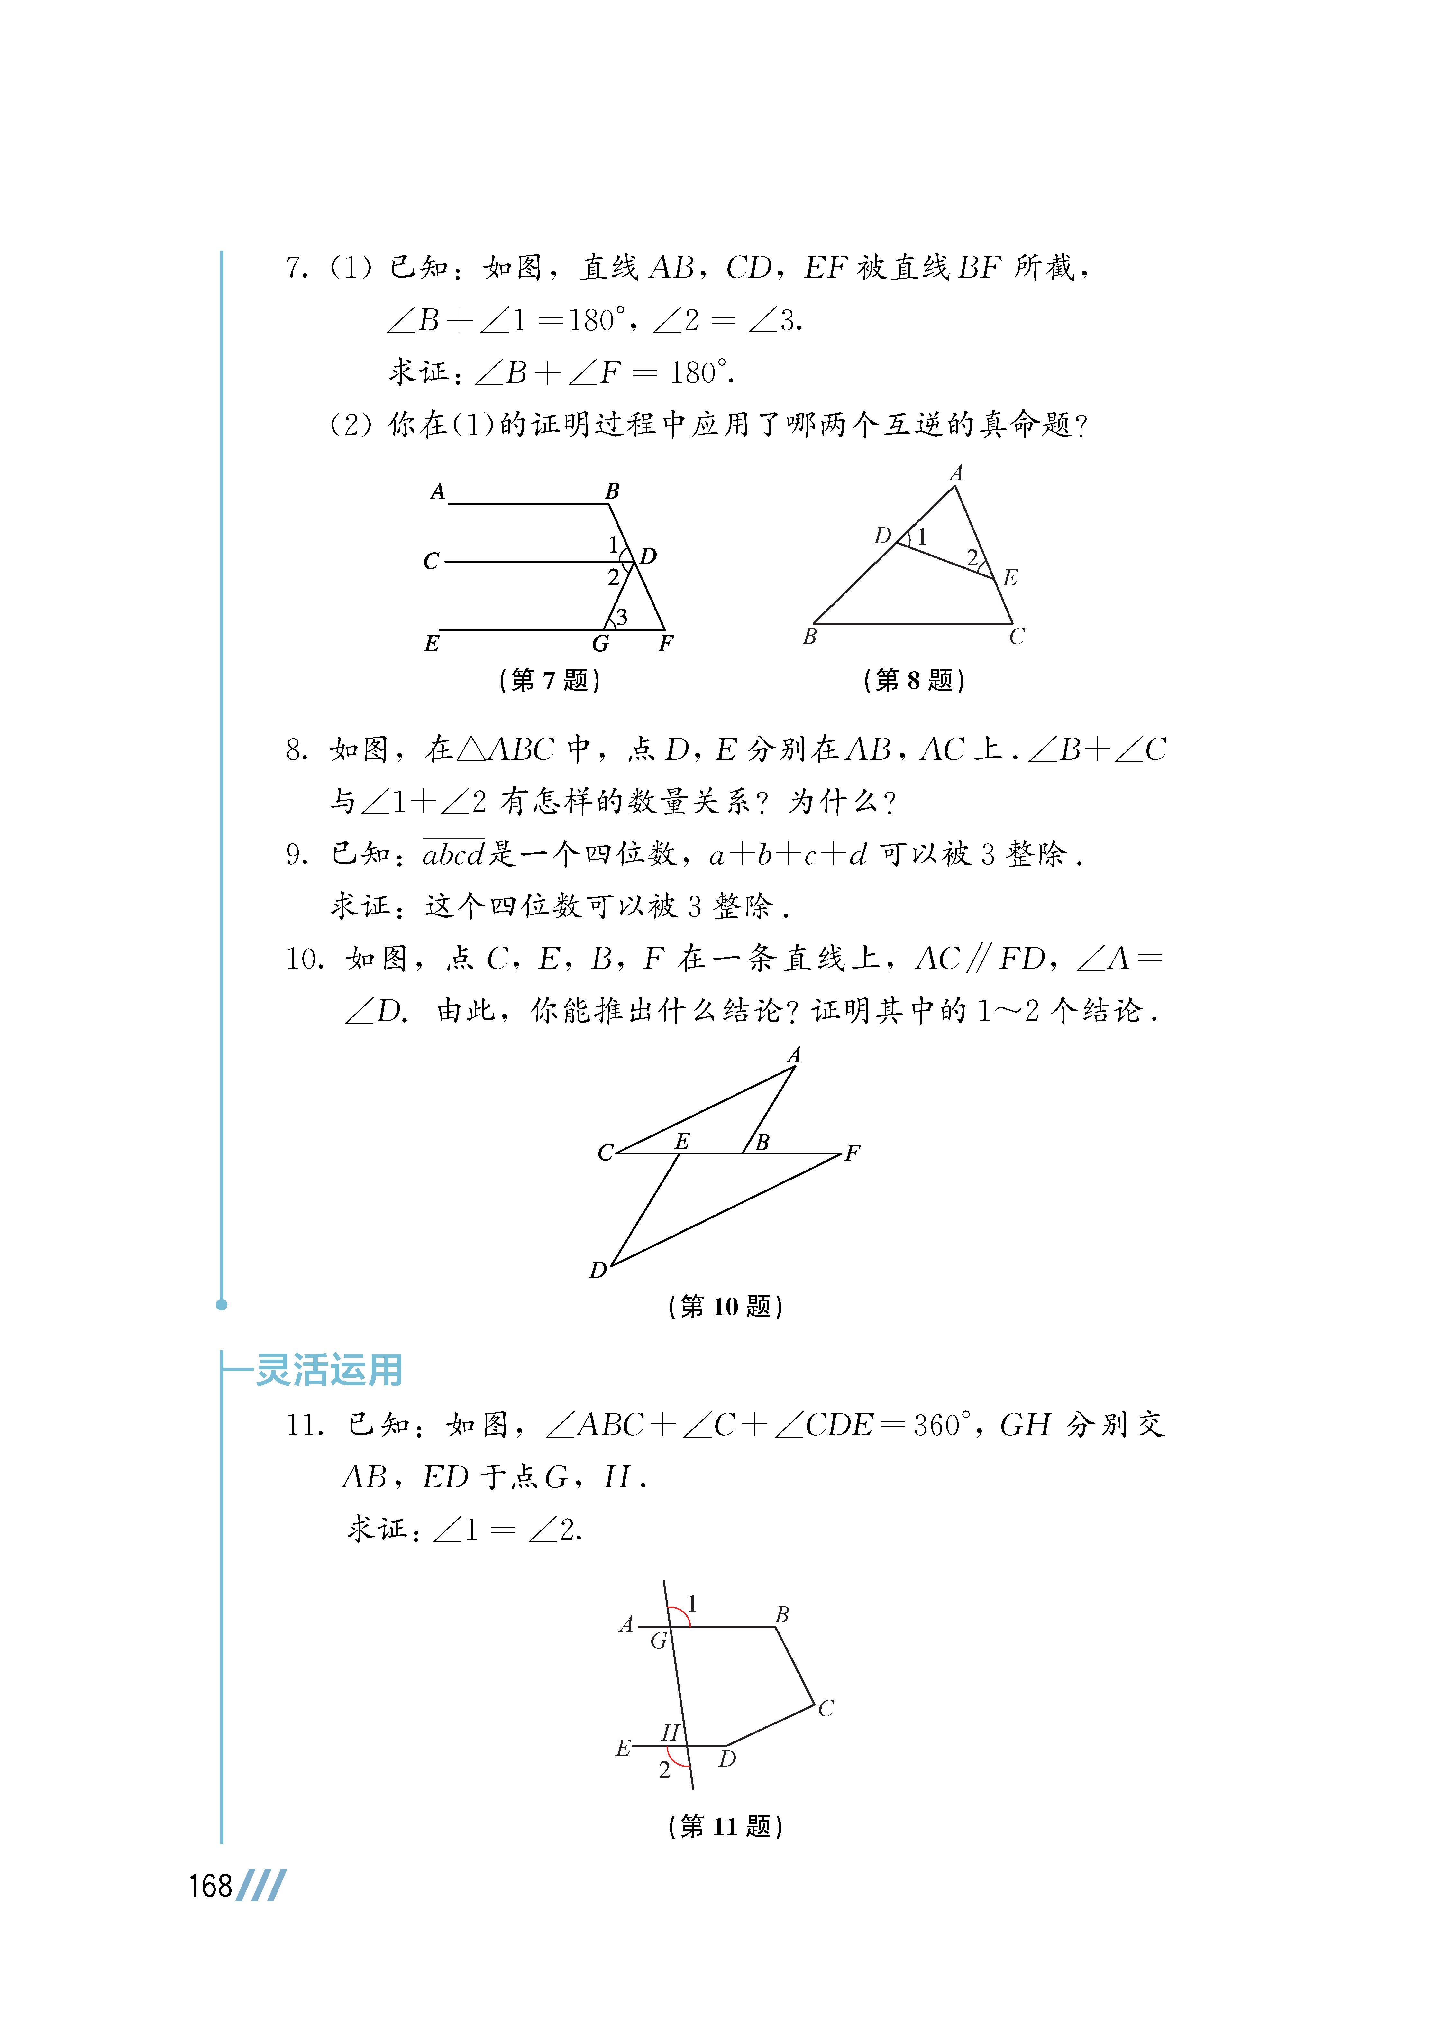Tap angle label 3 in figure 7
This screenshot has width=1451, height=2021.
(x=622, y=617)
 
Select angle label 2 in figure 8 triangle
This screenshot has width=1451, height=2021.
(x=972, y=558)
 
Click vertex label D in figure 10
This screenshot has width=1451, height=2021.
(x=598, y=1270)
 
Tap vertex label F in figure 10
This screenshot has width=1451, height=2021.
(x=853, y=1153)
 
